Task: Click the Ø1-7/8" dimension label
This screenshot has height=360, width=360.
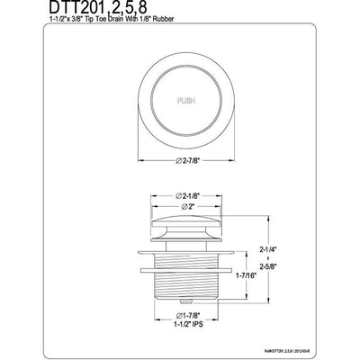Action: pyautogui.click(x=180, y=313)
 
